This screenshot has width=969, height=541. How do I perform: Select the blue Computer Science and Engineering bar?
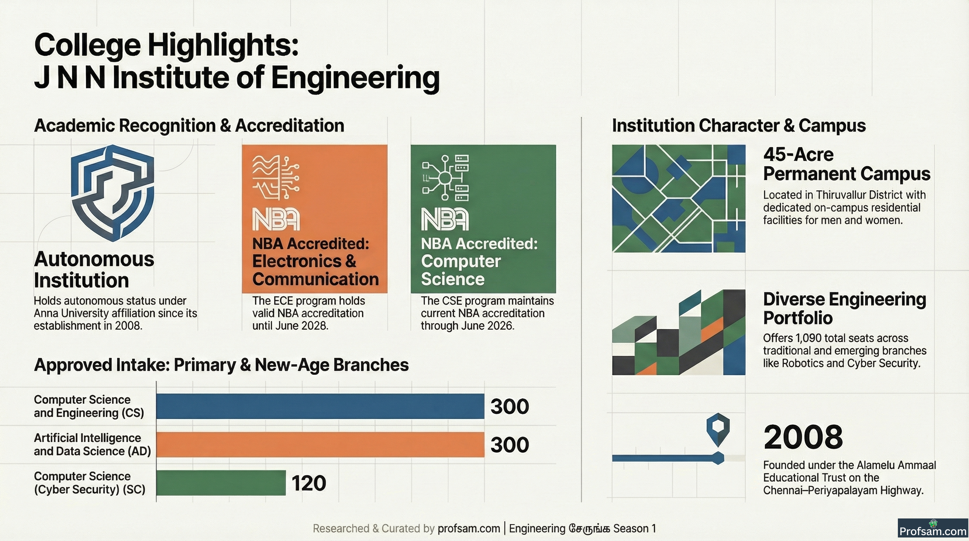[320, 406]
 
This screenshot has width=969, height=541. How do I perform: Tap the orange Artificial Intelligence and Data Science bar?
[320, 445]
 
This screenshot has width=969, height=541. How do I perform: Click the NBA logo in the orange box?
[276, 219]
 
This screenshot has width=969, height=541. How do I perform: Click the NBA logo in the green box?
[445, 219]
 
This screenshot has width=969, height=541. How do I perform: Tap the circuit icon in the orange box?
[276, 178]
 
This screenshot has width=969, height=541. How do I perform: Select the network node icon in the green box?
[445, 178]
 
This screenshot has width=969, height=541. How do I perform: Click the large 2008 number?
[803, 437]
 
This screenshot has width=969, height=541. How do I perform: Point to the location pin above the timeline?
[718, 430]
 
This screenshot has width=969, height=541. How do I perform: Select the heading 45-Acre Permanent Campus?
[846, 164]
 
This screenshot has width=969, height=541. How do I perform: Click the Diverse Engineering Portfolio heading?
[844, 309]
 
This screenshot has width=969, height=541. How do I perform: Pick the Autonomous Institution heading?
[94, 269]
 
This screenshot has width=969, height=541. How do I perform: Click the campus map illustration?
[679, 198]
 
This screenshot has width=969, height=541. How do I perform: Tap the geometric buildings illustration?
[679, 332]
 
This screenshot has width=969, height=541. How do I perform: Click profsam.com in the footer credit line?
[469, 529]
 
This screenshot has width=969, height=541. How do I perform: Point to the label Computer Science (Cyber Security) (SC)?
[89, 483]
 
